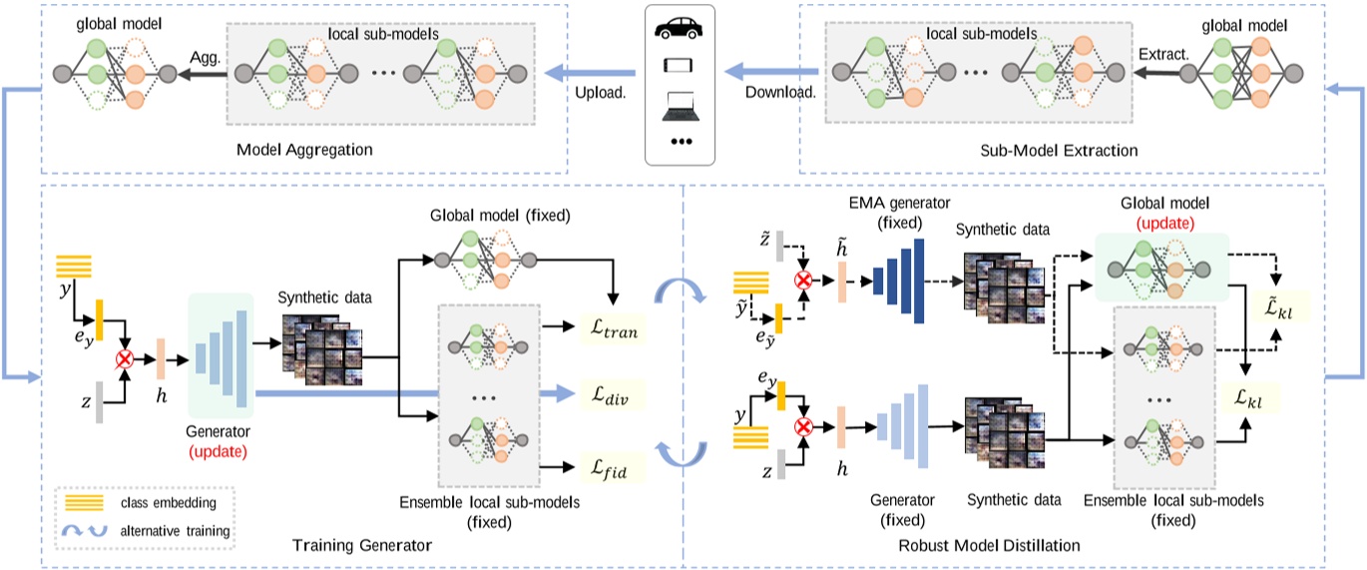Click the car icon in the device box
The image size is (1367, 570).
point(683,29)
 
